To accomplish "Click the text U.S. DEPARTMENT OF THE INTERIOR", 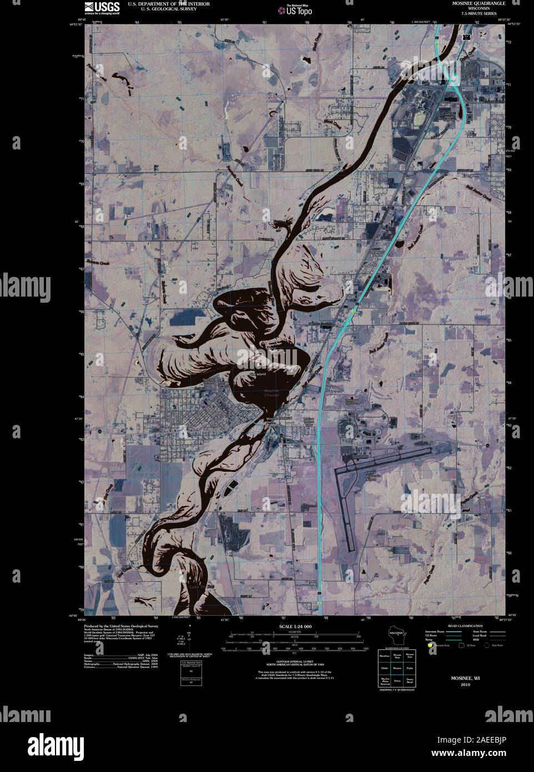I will pyautogui.click(x=161, y=3).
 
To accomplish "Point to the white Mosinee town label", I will pyautogui.click(x=250, y=409).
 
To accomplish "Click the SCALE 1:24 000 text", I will pyautogui.click(x=293, y=626).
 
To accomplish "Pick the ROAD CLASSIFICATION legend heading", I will pyautogui.click(x=457, y=626).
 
